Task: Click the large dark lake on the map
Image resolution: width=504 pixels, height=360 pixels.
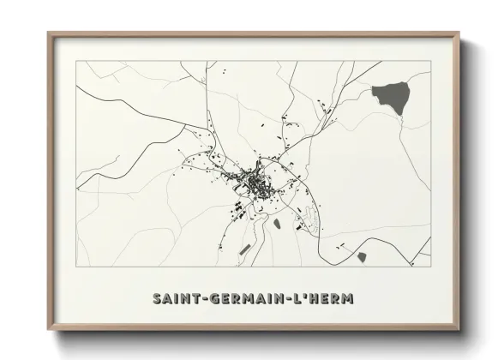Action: [390, 97]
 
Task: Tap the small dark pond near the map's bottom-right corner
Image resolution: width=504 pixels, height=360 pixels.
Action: [361, 256]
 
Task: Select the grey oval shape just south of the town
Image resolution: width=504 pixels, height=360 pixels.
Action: [276, 224]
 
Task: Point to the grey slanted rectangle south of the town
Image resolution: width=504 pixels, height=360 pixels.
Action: [245, 249]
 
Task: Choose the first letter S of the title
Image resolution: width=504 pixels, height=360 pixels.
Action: [157, 299]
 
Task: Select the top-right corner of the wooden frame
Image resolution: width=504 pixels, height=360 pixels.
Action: [461, 33]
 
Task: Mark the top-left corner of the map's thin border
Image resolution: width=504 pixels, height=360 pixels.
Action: [76, 62]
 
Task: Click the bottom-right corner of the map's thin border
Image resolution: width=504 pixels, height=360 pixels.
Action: [431, 268]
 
